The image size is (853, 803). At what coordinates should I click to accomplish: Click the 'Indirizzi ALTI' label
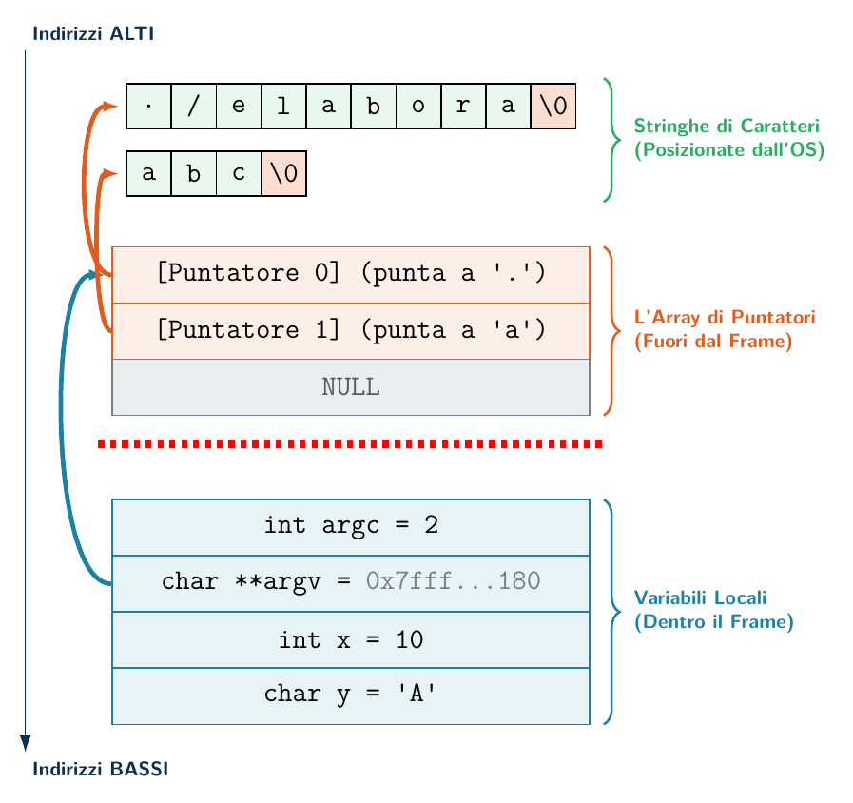(x=93, y=33)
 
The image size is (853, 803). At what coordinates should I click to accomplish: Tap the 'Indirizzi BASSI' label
(x=101, y=770)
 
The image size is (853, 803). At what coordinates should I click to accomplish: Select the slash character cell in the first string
(x=194, y=107)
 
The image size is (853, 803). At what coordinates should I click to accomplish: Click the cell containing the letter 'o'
(x=418, y=107)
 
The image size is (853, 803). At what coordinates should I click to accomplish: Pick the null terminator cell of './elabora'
(x=553, y=107)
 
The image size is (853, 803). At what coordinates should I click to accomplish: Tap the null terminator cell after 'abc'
(x=284, y=174)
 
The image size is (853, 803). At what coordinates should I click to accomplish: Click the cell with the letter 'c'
(x=239, y=174)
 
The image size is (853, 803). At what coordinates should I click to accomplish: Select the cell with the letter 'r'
(x=463, y=107)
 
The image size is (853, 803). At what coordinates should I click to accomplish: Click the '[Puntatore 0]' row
(x=351, y=275)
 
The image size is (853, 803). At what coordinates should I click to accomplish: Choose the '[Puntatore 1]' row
(x=351, y=331)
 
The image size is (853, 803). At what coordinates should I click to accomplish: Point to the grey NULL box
(x=351, y=387)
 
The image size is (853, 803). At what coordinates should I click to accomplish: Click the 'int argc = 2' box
(x=351, y=527)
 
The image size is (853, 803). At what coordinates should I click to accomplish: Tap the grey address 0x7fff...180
(x=454, y=581)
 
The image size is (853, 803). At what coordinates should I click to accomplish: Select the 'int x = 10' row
(x=351, y=639)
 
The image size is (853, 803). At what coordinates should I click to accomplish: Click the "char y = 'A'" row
(x=351, y=695)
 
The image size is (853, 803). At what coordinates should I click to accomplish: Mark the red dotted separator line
(x=350, y=444)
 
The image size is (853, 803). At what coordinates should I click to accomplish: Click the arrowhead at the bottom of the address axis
(x=25, y=744)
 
